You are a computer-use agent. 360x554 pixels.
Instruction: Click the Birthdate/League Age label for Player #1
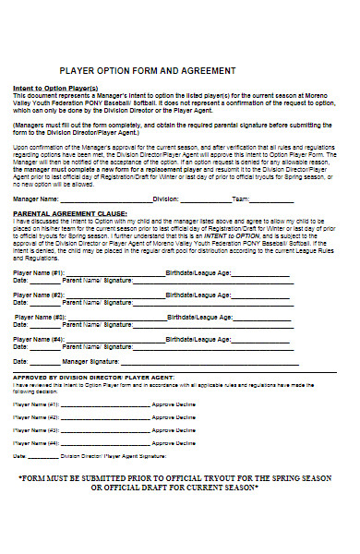(x=198, y=273)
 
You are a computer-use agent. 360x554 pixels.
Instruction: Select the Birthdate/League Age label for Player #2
(x=198, y=295)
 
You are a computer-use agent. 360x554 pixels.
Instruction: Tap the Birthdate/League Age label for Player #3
(x=199, y=317)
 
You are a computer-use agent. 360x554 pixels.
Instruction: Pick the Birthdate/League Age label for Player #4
(x=198, y=338)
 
